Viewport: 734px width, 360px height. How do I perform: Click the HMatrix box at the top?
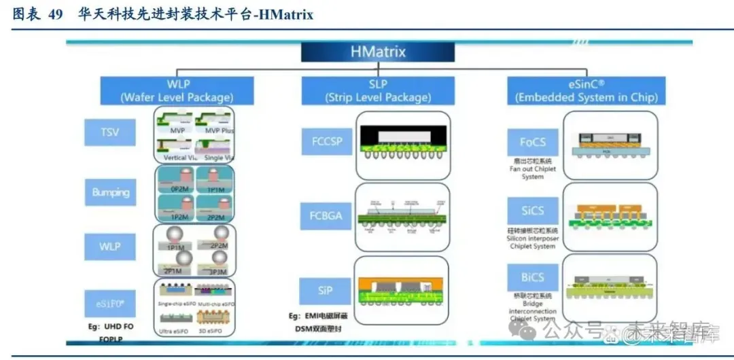378,52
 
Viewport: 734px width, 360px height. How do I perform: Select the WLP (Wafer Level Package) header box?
177,90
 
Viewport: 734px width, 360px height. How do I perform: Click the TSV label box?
109,132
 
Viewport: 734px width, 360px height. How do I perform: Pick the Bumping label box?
111,192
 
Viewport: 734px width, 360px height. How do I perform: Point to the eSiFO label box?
109,303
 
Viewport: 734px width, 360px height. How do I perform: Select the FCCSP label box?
326,143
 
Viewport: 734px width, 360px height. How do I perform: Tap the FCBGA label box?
326,217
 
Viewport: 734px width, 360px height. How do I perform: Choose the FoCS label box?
532,143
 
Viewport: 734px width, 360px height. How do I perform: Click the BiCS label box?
532,277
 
